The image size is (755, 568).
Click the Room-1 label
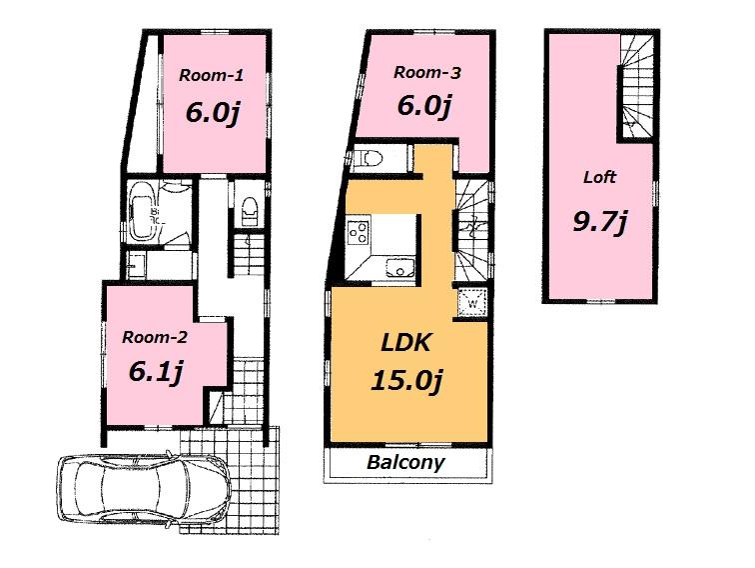[x=211, y=74]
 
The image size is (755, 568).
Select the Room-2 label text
[x=155, y=337]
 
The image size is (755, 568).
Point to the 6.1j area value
[x=155, y=373]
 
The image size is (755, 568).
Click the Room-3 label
[x=426, y=71]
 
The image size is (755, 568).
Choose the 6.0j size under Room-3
[x=426, y=104]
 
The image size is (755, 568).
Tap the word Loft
[x=599, y=178]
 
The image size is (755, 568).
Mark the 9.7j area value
[x=599, y=221]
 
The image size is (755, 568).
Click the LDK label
[x=405, y=343]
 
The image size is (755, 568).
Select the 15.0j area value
[x=405, y=381]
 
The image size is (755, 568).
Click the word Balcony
[x=404, y=464]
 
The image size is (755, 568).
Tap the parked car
[x=144, y=491]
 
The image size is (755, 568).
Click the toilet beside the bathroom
[x=249, y=210]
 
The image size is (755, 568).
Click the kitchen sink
[x=400, y=267]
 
